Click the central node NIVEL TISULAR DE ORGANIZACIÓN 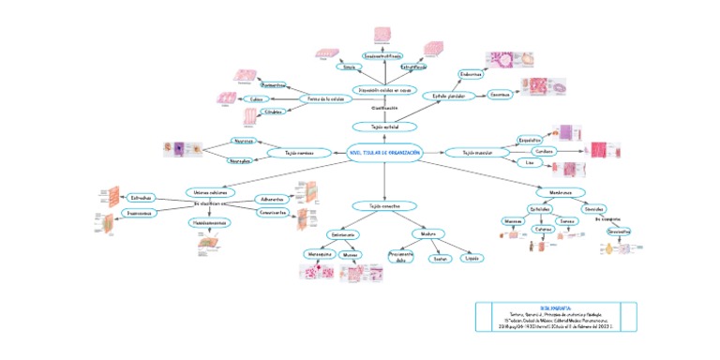(x=384, y=153)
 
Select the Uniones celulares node (x=208, y=191)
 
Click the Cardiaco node (x=543, y=150)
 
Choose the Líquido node (x=473, y=258)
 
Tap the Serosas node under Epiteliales (x=567, y=221)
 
